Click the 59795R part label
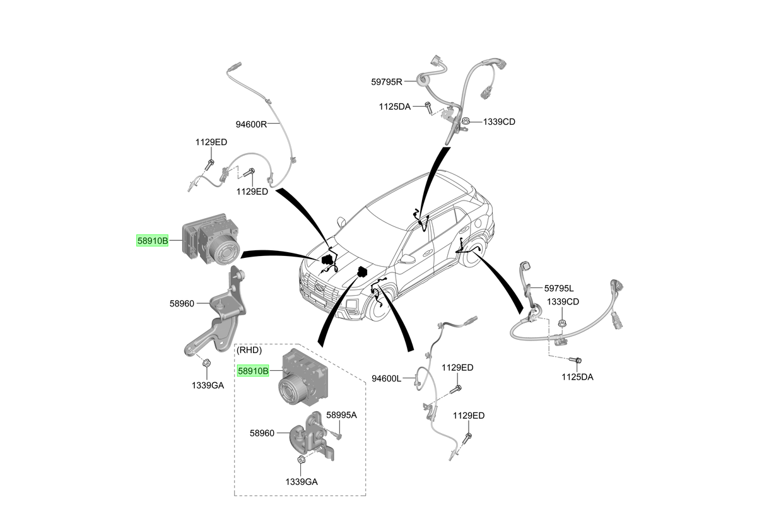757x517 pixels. pos(387,82)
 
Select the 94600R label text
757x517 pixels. pos(251,125)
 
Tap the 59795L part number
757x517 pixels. pos(559,288)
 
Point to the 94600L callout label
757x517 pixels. pos(386,378)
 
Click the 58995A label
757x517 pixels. pos(341,415)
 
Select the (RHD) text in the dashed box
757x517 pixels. pos(249,350)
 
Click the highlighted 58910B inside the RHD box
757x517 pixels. pos(253,371)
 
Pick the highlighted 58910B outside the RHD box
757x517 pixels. pos(153,241)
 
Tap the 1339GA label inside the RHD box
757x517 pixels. pos(302,482)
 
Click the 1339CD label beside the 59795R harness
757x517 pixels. pos(499,122)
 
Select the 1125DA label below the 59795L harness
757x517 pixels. pos(577,377)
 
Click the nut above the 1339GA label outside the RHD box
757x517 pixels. pos(206,363)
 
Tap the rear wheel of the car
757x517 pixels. pos(474,253)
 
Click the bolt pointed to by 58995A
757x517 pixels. pos(337,436)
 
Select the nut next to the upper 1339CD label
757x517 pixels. pos(466,122)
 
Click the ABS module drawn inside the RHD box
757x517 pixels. pos(303,377)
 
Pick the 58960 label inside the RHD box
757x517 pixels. pos(262,433)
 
